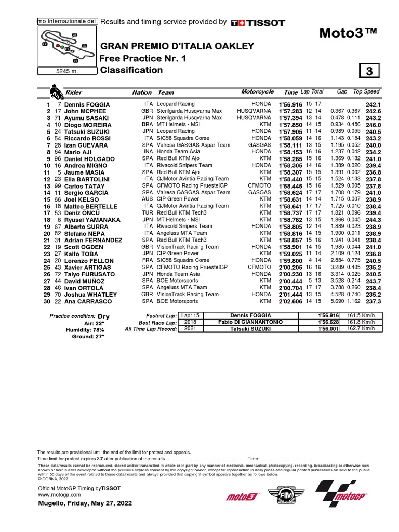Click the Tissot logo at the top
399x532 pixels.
click(x=258, y=22)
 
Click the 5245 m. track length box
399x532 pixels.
click(x=66, y=72)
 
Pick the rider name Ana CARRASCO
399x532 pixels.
click(x=88, y=301)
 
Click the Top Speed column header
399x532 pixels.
click(x=366, y=92)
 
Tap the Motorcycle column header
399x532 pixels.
click(x=257, y=92)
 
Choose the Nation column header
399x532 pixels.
click(x=142, y=92)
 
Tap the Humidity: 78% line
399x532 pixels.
click(x=85, y=330)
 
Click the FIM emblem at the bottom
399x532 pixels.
click(x=280, y=497)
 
